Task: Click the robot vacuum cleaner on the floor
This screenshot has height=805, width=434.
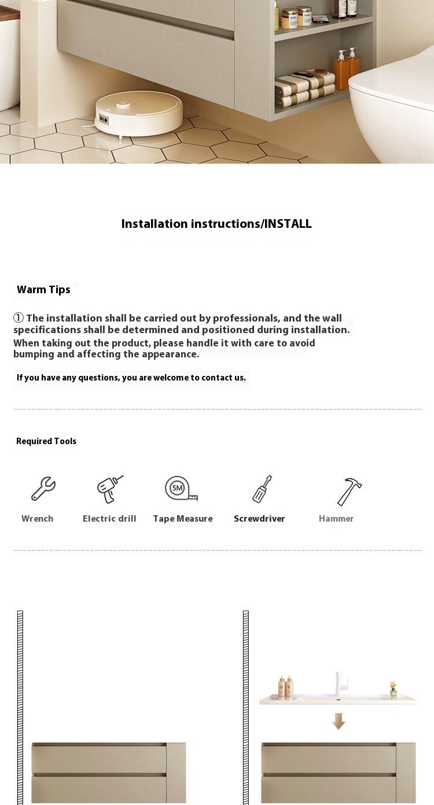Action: pos(138,113)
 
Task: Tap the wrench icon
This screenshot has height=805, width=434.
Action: pos(43,489)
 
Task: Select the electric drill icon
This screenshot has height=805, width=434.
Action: pos(109,489)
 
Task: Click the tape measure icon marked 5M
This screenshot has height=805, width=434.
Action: pos(181,489)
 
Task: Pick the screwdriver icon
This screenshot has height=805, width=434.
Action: pos(262,489)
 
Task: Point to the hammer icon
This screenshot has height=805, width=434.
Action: pos(349,491)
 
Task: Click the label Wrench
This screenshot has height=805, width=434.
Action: pos(38,519)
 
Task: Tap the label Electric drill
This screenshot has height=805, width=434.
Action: pos(109,519)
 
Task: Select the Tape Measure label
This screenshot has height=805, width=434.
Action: pos(183,519)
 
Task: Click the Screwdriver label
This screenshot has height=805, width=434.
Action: pos(259,519)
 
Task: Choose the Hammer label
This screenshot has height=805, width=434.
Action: pos(336,519)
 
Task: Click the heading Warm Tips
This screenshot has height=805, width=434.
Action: pos(43,290)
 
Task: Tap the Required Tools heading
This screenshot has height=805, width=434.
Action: pos(46,441)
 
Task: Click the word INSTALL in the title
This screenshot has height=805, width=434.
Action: pos(288,224)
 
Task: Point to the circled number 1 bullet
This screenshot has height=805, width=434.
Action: pos(19,318)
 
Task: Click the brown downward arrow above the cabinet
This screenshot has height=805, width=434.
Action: pos(339,721)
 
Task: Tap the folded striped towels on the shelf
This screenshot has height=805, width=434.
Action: pos(305,89)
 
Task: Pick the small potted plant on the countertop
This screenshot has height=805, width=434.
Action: pos(393,690)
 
